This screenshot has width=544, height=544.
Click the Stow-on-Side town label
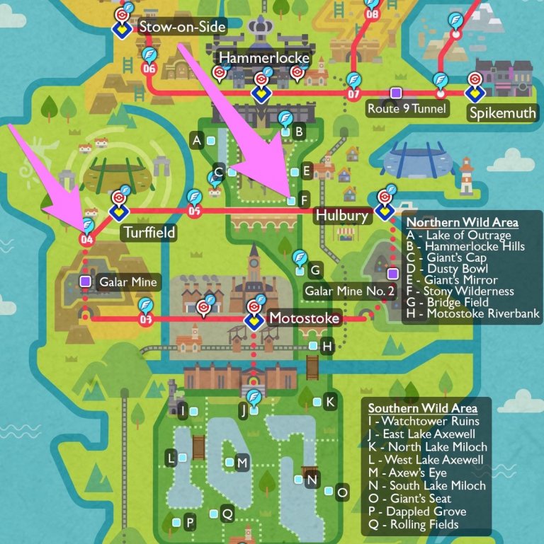click(182, 28)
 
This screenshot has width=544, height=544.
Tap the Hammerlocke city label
click(264, 57)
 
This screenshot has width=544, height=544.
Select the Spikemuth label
click(501, 113)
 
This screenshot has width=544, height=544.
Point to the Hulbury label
click(342, 216)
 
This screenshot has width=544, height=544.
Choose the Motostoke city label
click(305, 319)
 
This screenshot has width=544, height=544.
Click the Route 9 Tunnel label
click(407, 109)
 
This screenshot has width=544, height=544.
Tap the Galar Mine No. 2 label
click(349, 290)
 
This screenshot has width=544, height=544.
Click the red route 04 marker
click(87, 240)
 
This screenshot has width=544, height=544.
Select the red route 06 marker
click(149, 69)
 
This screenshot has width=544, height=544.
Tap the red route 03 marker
click(146, 320)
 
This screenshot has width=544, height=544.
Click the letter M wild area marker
click(242, 463)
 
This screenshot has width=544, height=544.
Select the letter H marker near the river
click(327, 347)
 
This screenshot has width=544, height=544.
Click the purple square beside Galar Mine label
click(86, 282)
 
